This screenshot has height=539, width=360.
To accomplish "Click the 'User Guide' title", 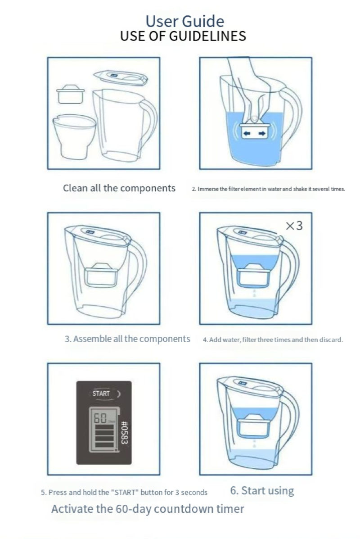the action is click(x=185, y=21).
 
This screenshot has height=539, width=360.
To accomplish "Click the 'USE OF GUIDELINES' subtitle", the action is click(x=183, y=36).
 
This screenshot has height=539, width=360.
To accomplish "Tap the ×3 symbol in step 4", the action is click(x=294, y=226).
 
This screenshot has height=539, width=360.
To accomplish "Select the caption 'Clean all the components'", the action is click(x=119, y=188).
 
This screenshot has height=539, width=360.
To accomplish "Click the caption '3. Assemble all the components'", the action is click(x=127, y=339).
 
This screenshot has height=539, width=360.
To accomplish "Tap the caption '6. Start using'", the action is click(x=262, y=490).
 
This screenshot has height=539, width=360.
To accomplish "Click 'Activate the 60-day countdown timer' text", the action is click(x=148, y=509).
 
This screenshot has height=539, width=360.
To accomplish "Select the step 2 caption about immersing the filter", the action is click(x=268, y=189).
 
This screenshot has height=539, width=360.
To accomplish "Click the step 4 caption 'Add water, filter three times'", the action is click(x=273, y=340).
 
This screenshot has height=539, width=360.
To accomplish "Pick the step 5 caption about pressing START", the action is click(x=124, y=492).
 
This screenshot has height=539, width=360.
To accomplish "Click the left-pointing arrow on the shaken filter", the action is click(x=246, y=133).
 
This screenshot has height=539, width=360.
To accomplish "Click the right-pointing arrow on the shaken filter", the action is click(x=262, y=133).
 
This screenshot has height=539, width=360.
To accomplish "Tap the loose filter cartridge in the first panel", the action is click(x=70, y=94).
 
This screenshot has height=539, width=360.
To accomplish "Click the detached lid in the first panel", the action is click(x=121, y=78).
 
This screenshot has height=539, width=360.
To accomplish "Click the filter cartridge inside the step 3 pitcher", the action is click(x=101, y=275).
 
